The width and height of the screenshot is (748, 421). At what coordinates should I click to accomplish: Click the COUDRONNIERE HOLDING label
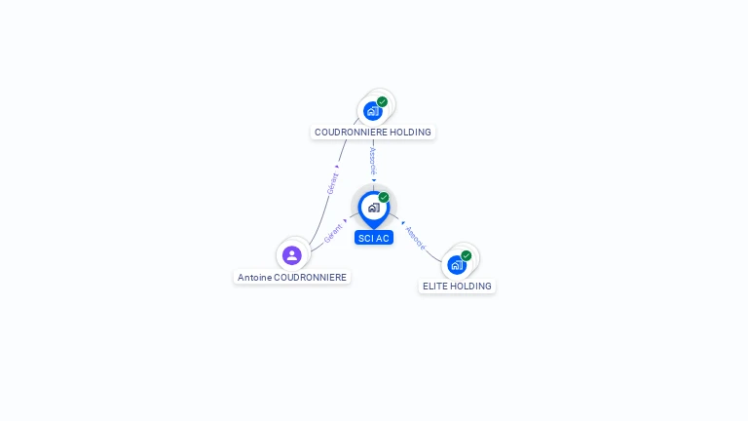click(x=372, y=132)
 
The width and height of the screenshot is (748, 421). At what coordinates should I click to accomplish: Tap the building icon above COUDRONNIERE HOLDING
click(x=372, y=111)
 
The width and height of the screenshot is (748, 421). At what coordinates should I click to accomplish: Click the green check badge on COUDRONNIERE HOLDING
click(x=382, y=101)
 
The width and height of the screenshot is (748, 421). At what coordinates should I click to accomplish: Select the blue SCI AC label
click(x=374, y=238)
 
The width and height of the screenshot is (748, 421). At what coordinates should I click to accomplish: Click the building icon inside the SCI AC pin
click(x=373, y=208)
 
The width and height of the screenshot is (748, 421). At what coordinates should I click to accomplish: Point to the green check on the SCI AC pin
click(x=384, y=198)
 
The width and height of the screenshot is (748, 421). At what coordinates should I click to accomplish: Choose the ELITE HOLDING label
click(x=457, y=286)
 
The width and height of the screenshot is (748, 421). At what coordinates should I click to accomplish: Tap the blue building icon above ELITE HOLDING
click(x=456, y=265)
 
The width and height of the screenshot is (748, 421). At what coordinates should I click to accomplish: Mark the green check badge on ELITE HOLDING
click(x=466, y=255)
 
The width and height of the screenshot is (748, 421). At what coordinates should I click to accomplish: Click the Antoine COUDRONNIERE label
click(x=291, y=277)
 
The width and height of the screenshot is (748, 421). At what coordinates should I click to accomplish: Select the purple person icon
click(x=291, y=255)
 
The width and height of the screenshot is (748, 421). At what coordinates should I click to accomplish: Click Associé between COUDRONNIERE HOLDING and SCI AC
click(x=373, y=161)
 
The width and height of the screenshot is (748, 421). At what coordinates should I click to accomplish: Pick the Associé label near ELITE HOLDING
click(x=415, y=237)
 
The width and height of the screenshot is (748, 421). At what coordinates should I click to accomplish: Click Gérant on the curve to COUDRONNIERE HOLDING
click(x=332, y=183)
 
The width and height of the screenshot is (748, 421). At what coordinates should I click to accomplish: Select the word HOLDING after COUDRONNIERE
click(x=408, y=132)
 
